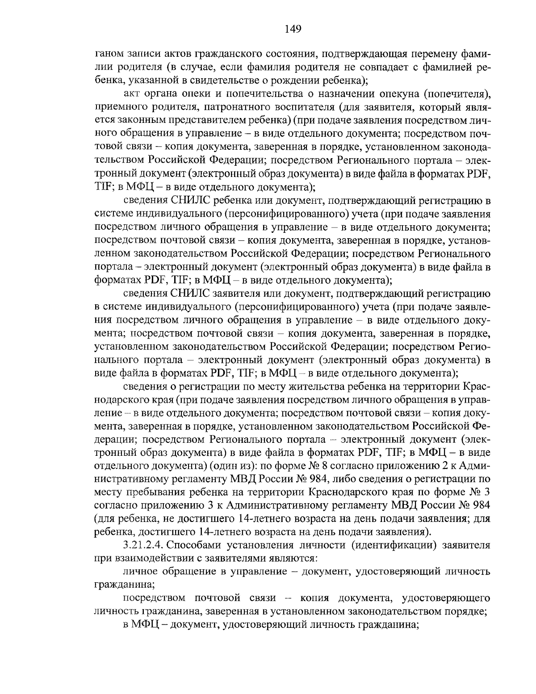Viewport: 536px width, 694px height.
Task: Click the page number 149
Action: pos(293,29)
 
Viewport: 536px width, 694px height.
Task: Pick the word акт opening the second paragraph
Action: pos(131,95)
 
